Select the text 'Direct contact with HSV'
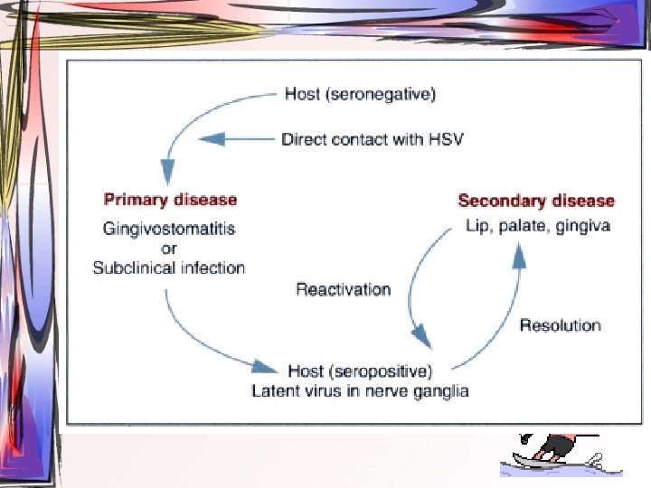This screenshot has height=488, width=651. coord(373,139)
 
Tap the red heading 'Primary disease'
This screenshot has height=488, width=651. coord(170,200)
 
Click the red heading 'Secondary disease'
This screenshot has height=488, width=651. coord(536,201)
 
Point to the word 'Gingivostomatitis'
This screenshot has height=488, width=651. coord(169,229)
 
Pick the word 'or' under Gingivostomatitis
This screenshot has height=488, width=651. coord(169,248)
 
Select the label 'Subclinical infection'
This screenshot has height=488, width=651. coord(169,267)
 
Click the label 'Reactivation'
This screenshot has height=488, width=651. coord(344,289)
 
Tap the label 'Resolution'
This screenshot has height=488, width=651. coord(560,325)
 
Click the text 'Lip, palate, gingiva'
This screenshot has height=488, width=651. coord(537,225)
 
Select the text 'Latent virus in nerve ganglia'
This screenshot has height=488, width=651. coord(360,390)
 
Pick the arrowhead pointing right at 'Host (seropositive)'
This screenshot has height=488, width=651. coord(263,367)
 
